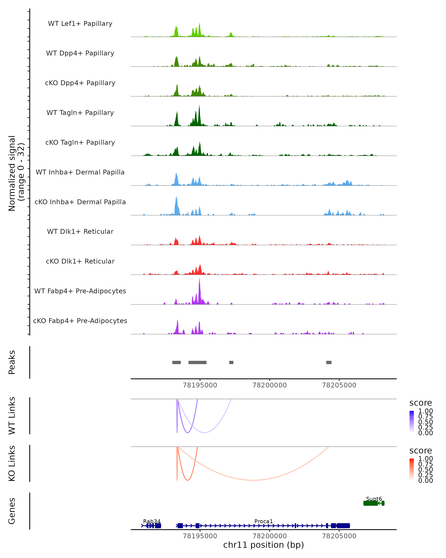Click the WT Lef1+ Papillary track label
(x=80, y=24)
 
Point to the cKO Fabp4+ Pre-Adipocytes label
(x=80, y=321)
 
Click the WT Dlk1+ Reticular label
(x=80, y=231)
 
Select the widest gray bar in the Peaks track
(x=197, y=362)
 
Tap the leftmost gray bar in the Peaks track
(x=176, y=362)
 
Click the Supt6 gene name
(x=374, y=499)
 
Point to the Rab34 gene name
(x=152, y=521)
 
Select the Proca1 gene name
(x=264, y=521)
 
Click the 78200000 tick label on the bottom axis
(x=269, y=536)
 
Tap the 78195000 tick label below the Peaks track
(x=200, y=385)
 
